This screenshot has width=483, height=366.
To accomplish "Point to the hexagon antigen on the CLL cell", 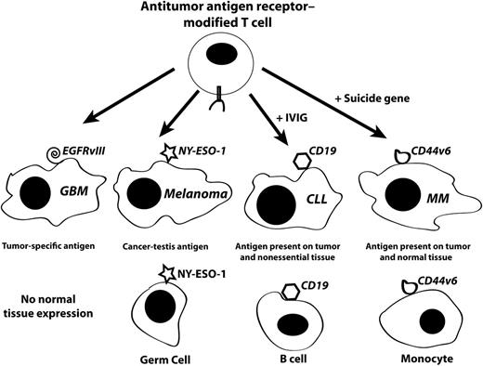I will click(x=279, y=161).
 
